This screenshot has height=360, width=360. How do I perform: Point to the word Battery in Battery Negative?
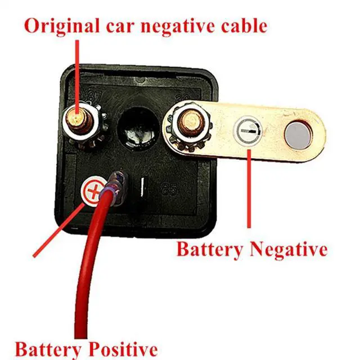205,248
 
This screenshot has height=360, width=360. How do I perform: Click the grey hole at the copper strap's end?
298,133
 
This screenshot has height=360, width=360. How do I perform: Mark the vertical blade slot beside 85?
145,186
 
